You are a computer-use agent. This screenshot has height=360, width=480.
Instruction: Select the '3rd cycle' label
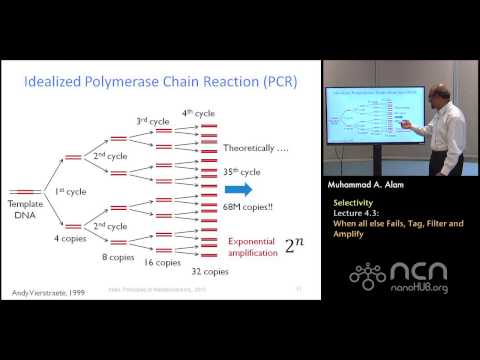click(152, 120)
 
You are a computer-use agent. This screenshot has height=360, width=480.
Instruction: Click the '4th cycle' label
click(198, 112)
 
